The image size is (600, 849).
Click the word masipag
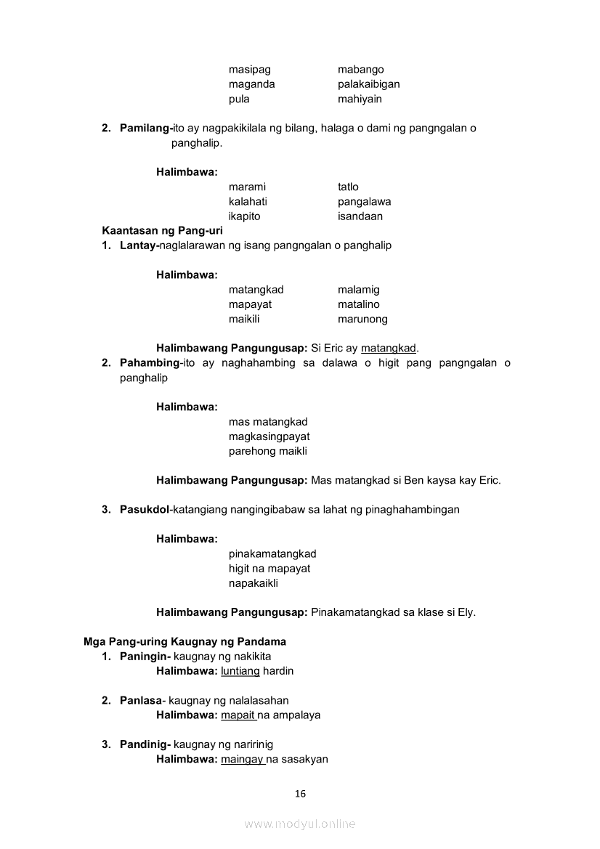click(x=249, y=70)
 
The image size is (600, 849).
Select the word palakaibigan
click(x=368, y=84)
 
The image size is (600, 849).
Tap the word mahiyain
click(x=360, y=99)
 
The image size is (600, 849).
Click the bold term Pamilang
click(x=145, y=129)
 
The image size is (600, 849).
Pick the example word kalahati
click(x=248, y=202)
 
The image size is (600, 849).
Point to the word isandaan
click(x=360, y=216)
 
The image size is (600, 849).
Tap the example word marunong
click(x=362, y=319)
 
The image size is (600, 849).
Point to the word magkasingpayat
click(x=269, y=436)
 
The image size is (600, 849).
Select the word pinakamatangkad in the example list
click(x=272, y=554)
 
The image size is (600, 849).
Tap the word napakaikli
click(x=254, y=583)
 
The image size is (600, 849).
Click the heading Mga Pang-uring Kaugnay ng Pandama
click(x=185, y=642)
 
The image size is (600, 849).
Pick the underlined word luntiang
click(x=240, y=671)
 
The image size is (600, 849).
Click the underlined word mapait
click(x=238, y=715)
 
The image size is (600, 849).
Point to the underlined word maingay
click(x=242, y=760)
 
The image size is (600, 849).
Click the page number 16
click(x=300, y=794)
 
